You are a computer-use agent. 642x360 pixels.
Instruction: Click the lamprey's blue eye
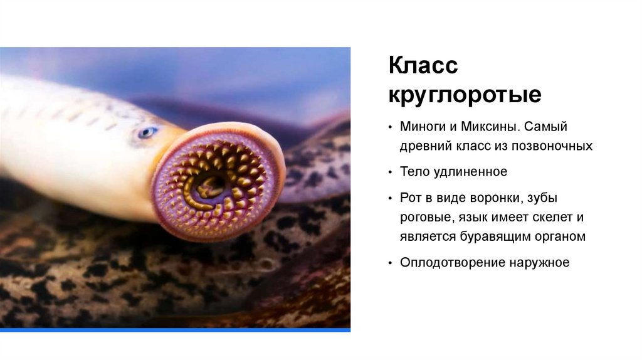point(147,132)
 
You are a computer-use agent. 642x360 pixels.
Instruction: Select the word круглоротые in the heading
point(465,95)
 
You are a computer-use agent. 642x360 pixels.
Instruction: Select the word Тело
point(414,172)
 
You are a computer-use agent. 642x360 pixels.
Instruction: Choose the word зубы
point(544,198)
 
